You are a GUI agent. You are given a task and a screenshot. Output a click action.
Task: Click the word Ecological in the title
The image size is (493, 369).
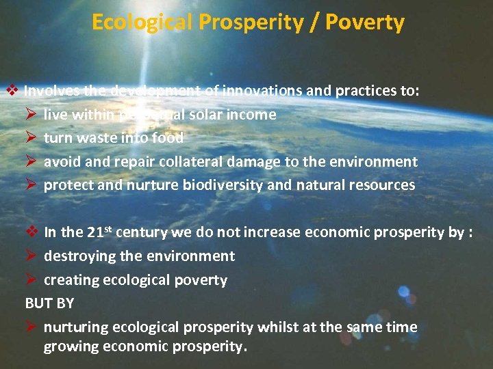142,23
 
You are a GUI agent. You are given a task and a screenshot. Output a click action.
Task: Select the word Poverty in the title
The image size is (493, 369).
365,23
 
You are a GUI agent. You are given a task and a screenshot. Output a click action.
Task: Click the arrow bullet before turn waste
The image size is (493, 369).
31,137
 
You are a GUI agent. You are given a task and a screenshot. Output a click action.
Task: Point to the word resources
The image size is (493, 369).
384,184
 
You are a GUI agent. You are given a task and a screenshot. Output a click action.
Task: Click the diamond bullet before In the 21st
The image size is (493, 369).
31,232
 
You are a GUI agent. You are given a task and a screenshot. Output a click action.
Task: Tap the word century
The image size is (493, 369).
142,232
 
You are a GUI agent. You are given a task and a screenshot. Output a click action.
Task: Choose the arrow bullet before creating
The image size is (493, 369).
31,279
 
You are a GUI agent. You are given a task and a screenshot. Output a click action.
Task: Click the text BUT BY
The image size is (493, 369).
49,303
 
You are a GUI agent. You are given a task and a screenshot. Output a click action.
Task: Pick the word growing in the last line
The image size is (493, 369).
71,346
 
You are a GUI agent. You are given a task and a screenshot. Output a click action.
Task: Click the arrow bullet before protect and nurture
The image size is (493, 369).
31,184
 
